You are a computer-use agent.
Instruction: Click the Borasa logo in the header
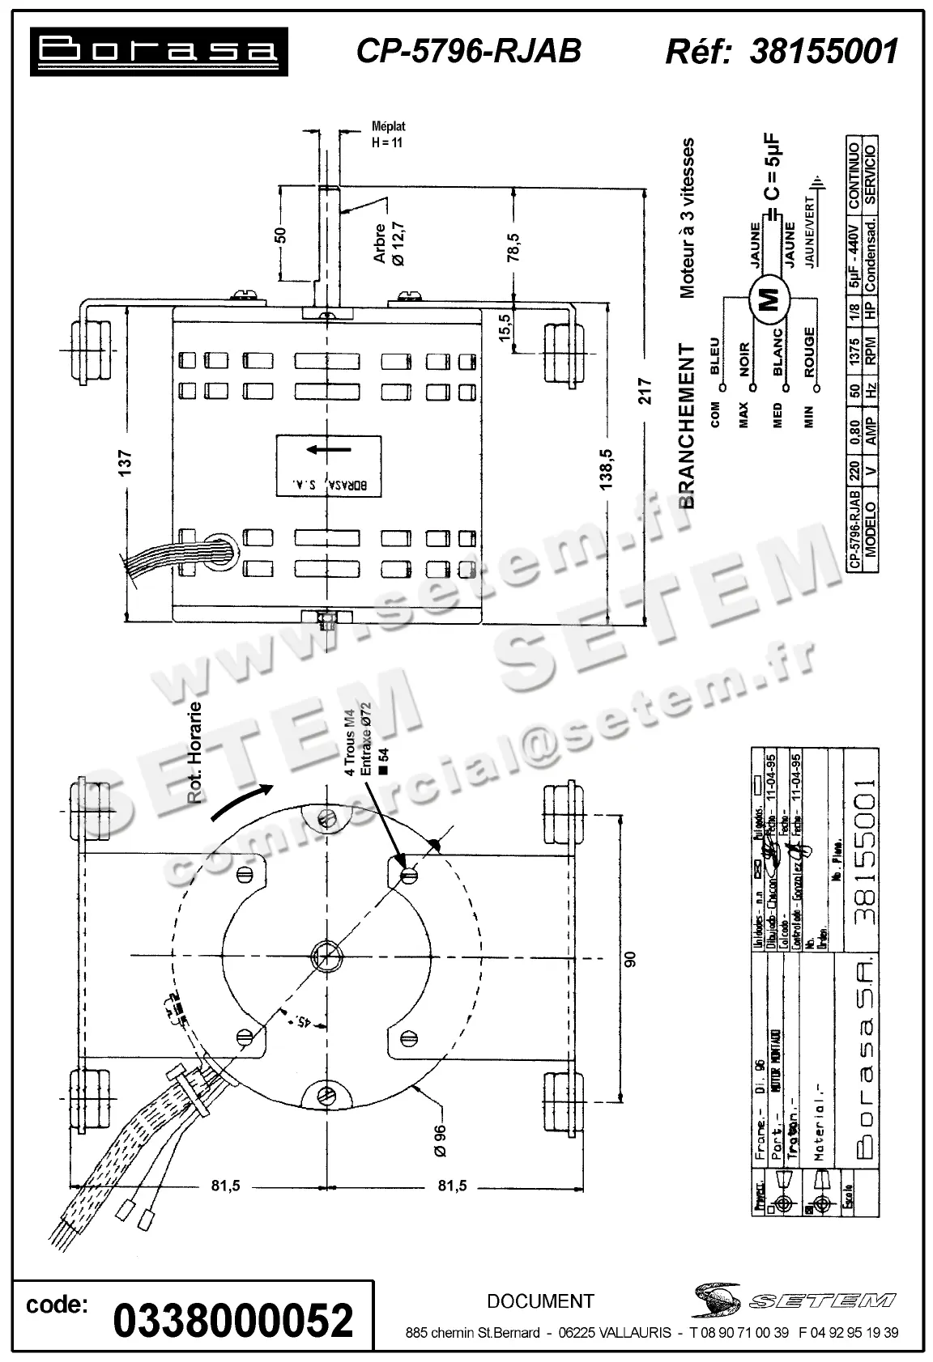point(159,52)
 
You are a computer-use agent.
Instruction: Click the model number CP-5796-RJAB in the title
point(469,51)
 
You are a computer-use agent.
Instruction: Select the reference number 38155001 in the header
point(824,51)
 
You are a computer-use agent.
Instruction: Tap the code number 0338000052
point(233,1319)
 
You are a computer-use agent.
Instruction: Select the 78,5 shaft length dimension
point(513,247)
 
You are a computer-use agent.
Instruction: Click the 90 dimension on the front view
point(630,958)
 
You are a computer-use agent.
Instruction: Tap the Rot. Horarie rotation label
point(194,753)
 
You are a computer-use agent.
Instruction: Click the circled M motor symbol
point(770,300)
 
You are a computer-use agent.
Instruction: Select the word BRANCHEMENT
point(687,426)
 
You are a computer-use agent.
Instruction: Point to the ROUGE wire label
point(809,353)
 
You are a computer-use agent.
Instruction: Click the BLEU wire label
point(714,356)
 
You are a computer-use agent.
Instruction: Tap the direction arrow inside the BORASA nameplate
point(329,449)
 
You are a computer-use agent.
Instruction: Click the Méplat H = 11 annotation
point(387,134)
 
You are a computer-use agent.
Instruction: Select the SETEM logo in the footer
point(794,1300)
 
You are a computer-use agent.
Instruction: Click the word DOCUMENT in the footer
point(540,1301)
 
